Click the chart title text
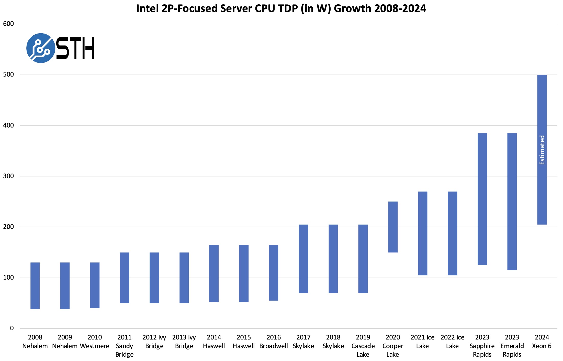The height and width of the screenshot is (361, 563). pyautogui.click(x=281, y=8)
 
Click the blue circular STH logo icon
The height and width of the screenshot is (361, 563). pyautogui.click(x=41, y=48)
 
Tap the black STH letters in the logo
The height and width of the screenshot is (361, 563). pyautogui.click(x=75, y=48)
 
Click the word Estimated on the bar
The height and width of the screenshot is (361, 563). pyautogui.click(x=542, y=150)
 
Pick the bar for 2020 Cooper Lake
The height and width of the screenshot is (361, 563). pyautogui.click(x=393, y=227)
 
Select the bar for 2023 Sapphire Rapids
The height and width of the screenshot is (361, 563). pyautogui.click(x=482, y=199)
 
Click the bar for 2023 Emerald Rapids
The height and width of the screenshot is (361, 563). pyautogui.click(x=512, y=201)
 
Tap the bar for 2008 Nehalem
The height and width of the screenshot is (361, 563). pyautogui.click(x=35, y=286)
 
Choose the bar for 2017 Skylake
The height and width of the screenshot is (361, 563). pyautogui.click(x=303, y=259)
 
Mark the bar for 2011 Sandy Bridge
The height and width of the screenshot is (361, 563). pyautogui.click(x=125, y=278)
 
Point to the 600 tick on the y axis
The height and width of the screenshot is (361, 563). pyautogui.click(x=8, y=24)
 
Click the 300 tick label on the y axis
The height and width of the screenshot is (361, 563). pyautogui.click(x=8, y=176)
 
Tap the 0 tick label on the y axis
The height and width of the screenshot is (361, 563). pyautogui.click(x=12, y=328)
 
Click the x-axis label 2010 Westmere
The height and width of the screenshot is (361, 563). pyautogui.click(x=95, y=342)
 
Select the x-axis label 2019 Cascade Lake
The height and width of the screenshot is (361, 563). pyautogui.click(x=363, y=346)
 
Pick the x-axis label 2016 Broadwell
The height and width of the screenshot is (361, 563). pyautogui.click(x=274, y=342)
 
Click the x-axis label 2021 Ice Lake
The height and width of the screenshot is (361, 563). pyautogui.click(x=422, y=342)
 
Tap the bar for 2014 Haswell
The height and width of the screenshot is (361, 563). pyautogui.click(x=214, y=273)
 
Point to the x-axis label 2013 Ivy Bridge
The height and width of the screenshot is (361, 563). pyautogui.click(x=184, y=342)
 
